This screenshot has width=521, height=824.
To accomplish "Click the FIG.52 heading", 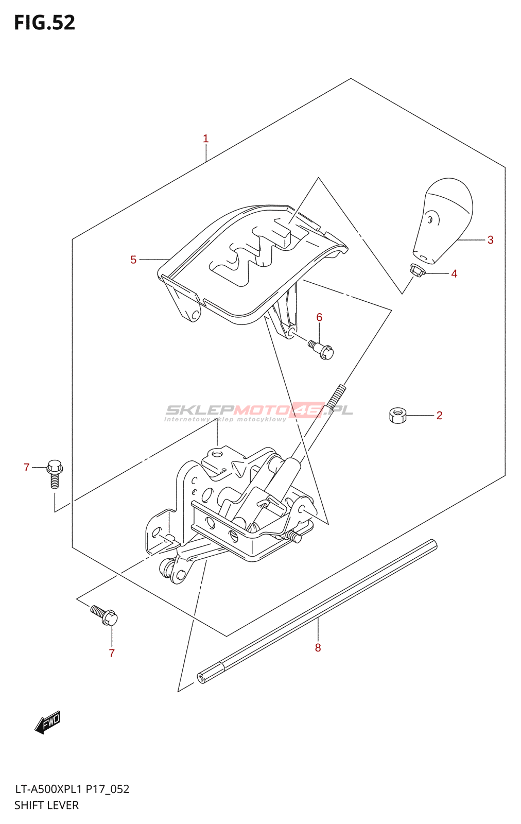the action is pos(45,23).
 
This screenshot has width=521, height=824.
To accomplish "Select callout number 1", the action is pos(205,139).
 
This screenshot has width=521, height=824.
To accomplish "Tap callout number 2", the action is pos(439,415).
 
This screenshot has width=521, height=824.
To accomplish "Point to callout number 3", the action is pos(490,240).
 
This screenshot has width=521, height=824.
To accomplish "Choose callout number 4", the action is pos(454,273).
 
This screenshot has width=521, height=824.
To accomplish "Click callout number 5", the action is pos(133,260).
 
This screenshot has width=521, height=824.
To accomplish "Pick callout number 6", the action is pos(319,317).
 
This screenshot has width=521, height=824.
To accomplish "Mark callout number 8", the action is pos(318,647).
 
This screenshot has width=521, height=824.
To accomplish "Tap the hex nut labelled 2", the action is pos(398,415).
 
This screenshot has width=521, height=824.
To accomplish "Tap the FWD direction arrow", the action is pos(48,723).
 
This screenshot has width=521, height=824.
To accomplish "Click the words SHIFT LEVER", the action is pos(47,805).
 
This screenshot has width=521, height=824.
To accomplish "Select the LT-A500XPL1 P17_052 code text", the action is pos(72,789).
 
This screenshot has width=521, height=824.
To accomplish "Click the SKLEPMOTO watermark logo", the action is pos(259,411).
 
